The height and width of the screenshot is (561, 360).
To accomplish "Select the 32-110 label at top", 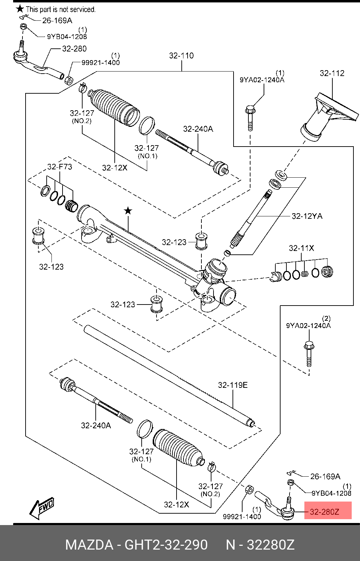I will coord(181,56).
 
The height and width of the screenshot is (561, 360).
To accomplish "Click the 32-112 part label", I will coord(332,73).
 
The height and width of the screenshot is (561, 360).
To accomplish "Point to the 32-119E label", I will coord(233,385).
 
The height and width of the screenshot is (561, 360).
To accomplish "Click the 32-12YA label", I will coord(307,216).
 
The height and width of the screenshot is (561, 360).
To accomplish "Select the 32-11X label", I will coord(301,248).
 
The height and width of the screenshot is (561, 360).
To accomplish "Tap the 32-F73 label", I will coord(59,167).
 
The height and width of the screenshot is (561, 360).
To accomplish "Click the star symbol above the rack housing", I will coord(128,210).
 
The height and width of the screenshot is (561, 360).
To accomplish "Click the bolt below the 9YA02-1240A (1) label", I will coord(250,118).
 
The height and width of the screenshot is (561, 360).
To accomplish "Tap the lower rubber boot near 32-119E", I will coord(176,448).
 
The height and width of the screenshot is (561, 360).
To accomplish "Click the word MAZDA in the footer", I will coord(89,545).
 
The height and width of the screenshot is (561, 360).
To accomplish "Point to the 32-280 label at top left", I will coord(74,49).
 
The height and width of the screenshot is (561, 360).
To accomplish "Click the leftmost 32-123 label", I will coord(51,267).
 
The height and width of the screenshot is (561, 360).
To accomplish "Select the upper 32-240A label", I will coord(198,129).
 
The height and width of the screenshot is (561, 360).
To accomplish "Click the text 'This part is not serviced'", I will coord(60,9).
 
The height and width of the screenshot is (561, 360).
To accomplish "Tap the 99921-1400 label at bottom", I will coord(242,516).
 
